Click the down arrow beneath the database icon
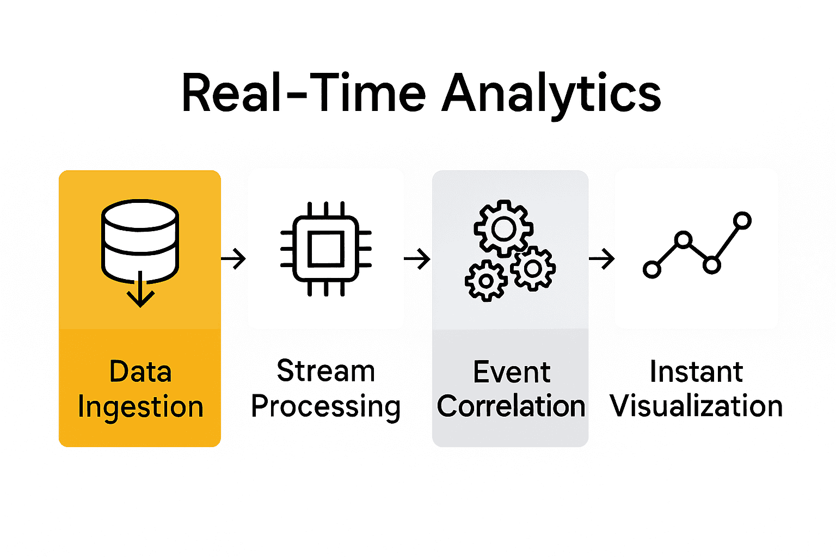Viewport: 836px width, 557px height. click(x=141, y=291)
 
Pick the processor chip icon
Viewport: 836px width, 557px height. click(x=326, y=249)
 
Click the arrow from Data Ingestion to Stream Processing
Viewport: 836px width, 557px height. click(x=235, y=258)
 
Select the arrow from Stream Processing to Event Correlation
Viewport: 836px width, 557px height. click(x=417, y=258)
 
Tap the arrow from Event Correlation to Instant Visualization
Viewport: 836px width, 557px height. click(x=602, y=258)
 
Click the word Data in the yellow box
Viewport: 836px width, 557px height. click(x=140, y=372)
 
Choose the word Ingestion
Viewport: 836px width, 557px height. click(x=140, y=407)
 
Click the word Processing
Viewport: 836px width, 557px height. click(x=326, y=407)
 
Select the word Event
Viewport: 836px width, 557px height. click(x=512, y=372)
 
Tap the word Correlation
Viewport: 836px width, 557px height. click(x=511, y=406)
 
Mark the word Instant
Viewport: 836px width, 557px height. click(x=696, y=372)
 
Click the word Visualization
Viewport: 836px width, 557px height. click(x=696, y=406)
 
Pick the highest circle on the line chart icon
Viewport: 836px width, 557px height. click(x=742, y=220)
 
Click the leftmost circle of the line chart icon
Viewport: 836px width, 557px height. click(x=651, y=269)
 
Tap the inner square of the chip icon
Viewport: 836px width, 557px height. click(x=326, y=249)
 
